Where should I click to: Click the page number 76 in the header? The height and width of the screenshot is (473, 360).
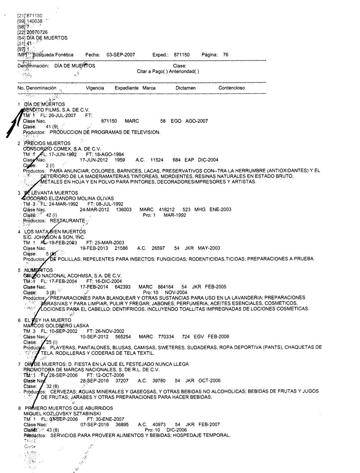(x=226, y=55)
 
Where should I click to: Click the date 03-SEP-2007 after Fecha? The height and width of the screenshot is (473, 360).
(x=121, y=55)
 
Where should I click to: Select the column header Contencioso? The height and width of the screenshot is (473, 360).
(x=232, y=88)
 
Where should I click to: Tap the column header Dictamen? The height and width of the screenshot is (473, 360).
(x=186, y=88)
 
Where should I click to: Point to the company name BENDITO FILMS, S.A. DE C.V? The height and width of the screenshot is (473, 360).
(x=54, y=110)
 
